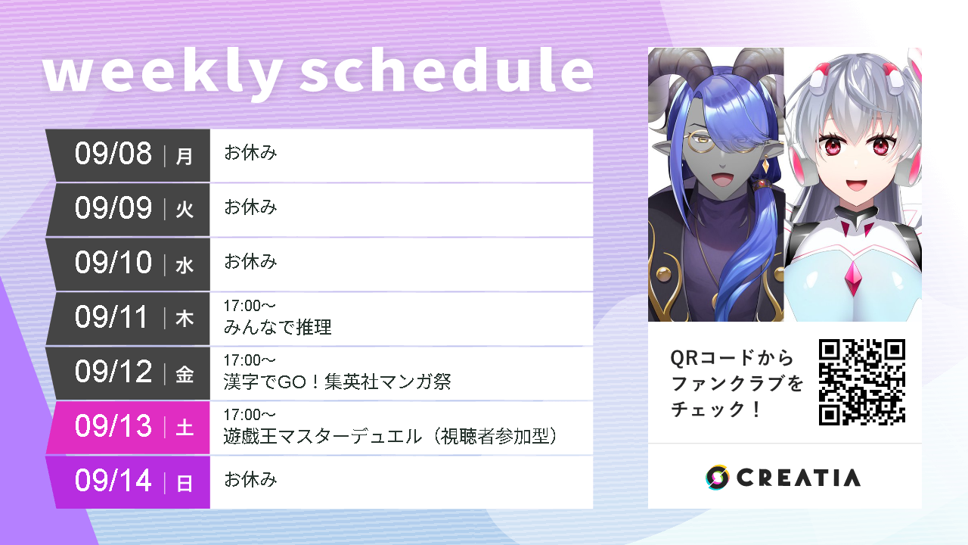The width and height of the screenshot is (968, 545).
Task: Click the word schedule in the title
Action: pyautogui.click(x=446, y=73)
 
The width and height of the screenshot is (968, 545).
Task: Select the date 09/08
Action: pyautogui.click(x=113, y=154)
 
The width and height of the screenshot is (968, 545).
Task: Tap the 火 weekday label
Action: pyautogui.click(x=185, y=210)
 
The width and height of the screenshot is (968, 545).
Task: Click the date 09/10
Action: pyautogui.click(x=113, y=263)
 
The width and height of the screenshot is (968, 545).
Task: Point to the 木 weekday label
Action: pyautogui.click(x=185, y=319)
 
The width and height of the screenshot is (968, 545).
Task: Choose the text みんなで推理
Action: pyautogui.click(x=278, y=328)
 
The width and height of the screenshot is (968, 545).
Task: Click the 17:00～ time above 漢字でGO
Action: pyautogui.click(x=250, y=360)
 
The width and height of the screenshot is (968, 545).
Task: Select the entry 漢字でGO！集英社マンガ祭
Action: pyautogui.click(x=337, y=382)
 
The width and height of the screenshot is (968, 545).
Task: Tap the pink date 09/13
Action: pyautogui.click(x=113, y=427)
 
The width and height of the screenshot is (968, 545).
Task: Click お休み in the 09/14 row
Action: pyautogui.click(x=250, y=480)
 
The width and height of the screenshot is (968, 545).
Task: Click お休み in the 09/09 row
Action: pyautogui.click(x=250, y=207)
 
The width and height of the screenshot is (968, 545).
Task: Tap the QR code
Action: pyautogui.click(x=862, y=382)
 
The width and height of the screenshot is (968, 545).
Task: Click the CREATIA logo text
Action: pyautogui.click(x=798, y=478)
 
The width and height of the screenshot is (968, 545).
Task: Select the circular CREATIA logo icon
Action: pyautogui.click(x=717, y=477)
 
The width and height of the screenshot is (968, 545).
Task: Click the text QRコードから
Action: pyautogui.click(x=732, y=357)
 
